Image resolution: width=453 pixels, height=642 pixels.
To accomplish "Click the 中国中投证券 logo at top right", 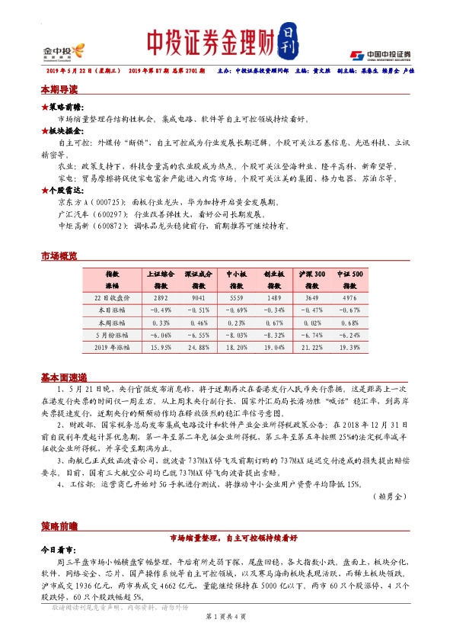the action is click(380, 54).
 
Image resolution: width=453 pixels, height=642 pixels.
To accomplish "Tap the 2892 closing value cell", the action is click(160, 298).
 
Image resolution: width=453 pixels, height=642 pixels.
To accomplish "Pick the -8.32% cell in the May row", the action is click(275, 335).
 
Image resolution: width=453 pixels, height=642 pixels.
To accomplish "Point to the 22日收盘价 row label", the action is click(113, 298).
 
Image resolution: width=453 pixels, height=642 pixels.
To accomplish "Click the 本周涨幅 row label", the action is click(113, 323).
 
